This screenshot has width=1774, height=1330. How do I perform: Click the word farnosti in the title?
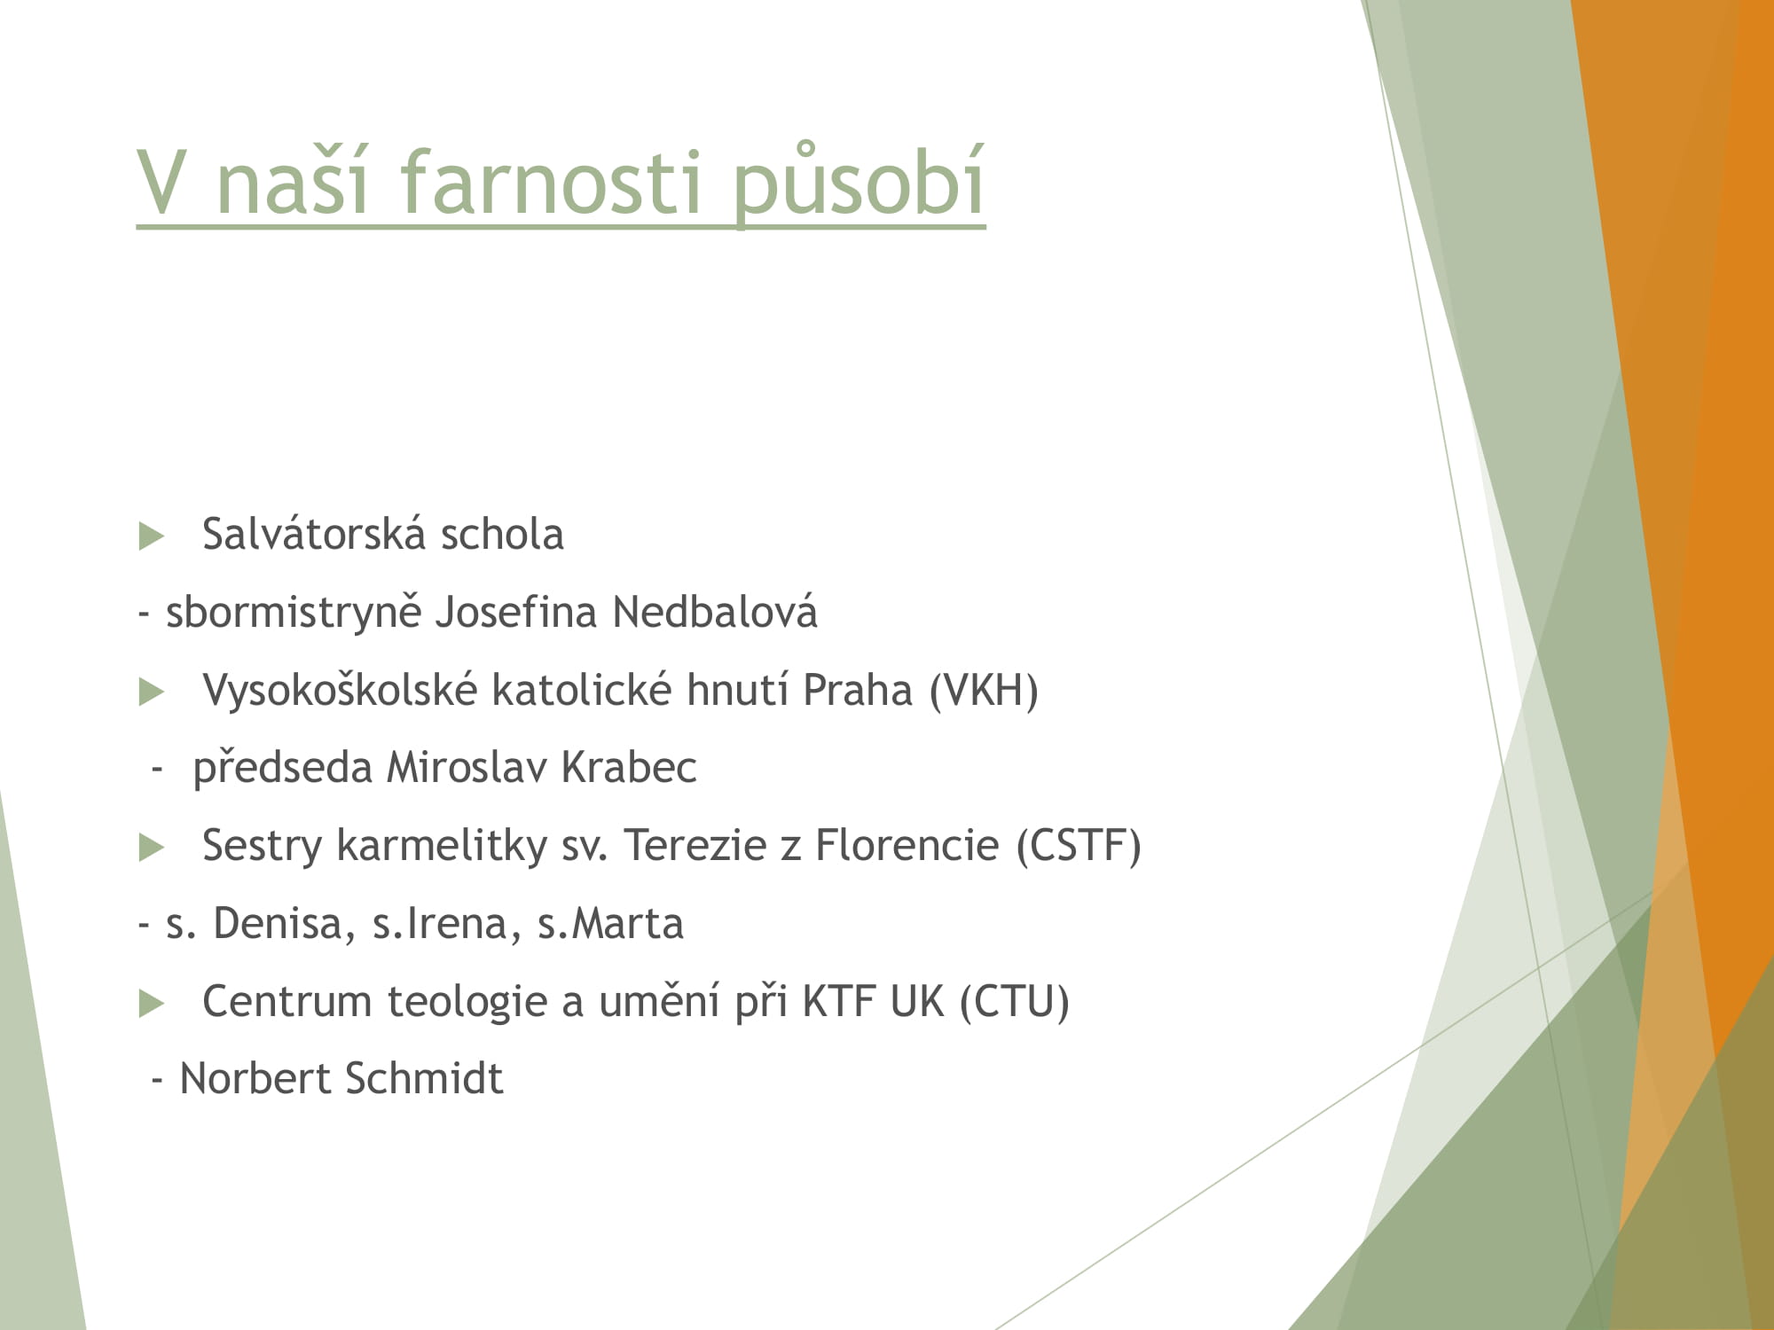pos(551,181)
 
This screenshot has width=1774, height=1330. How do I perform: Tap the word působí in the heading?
pos(859,183)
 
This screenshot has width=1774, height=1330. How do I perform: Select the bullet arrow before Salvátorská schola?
pos(152,536)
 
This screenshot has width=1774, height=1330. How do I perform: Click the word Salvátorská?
pos(314,534)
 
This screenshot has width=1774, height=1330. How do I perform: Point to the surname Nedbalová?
pos(715,612)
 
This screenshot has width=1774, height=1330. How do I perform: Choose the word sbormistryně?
pos(294,613)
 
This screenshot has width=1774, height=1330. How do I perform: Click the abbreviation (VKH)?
pos(984,690)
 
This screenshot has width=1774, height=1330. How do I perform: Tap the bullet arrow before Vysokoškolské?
pos(152,692)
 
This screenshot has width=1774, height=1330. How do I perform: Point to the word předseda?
pos(282,768)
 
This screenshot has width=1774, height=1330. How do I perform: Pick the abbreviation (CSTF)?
pos(1079,845)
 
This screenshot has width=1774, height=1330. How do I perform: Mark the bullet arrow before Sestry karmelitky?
pos(152,849)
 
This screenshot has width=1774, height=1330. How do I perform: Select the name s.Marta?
pos(610,923)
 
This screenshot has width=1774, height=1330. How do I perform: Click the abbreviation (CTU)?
pos(1015,1001)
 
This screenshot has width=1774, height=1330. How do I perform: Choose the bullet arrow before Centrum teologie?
pos(152,1005)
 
